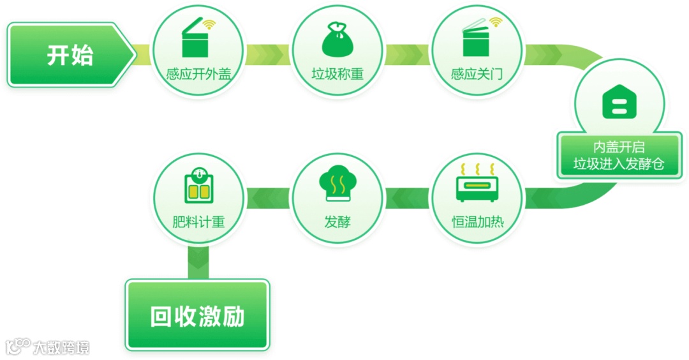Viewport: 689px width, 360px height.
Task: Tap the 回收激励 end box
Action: (197, 315)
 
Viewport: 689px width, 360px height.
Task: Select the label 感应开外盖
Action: (198, 74)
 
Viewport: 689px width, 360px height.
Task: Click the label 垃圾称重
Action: (337, 74)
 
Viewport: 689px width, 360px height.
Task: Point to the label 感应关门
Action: (477, 74)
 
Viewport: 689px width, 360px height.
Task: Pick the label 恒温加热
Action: (477, 223)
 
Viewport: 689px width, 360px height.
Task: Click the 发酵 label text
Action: (337, 223)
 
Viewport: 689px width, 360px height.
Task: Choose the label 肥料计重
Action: (198, 223)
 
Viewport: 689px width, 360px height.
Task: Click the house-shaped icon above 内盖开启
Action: (619, 103)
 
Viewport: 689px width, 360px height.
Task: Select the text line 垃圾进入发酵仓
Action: (619, 165)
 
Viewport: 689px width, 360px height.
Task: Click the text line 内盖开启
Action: (619, 147)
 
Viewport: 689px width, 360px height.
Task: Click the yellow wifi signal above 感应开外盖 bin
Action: (209, 25)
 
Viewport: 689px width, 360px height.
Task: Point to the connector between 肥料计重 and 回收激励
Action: (198, 262)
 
